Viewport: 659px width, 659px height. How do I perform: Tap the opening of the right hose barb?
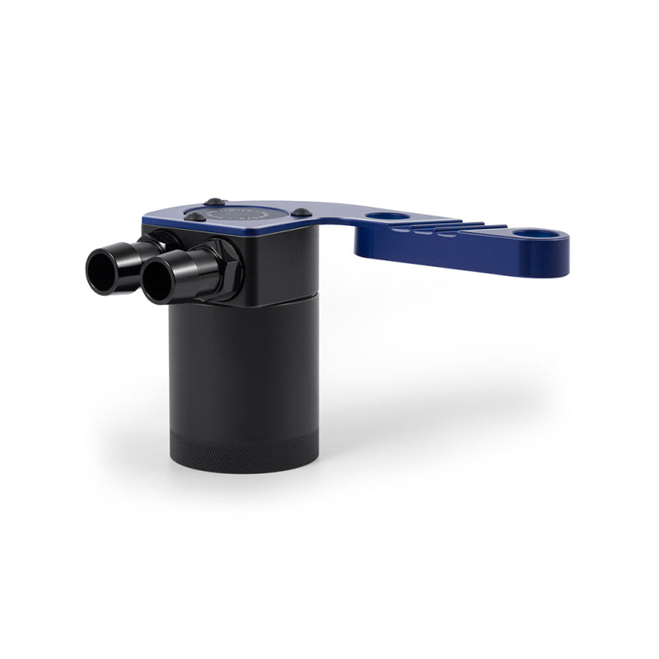click(x=158, y=277)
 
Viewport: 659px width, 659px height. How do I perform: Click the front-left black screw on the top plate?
click(x=194, y=217)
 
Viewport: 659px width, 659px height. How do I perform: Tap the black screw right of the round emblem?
click(x=302, y=213)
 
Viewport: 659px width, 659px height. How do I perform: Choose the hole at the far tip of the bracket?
click(x=535, y=234)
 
